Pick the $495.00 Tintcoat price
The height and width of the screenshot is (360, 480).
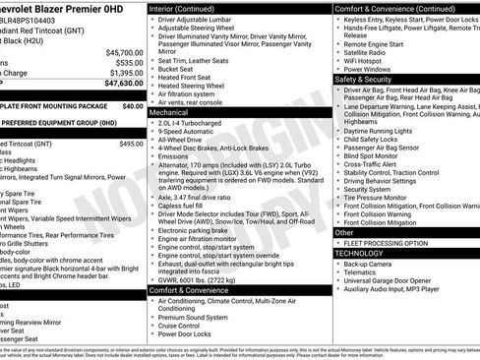131,144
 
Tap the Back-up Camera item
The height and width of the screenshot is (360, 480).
370,264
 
